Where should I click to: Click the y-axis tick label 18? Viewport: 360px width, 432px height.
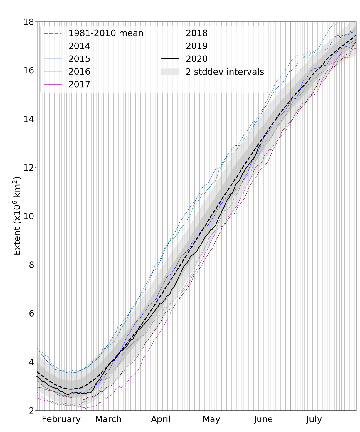point(28,22)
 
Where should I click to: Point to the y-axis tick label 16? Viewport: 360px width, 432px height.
point(28,70)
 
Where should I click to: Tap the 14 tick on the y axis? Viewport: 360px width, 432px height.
point(28,119)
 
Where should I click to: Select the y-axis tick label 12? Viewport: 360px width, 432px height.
point(28,168)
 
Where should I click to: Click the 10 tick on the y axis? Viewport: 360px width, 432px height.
point(28,216)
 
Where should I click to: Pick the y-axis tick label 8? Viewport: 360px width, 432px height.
point(31,265)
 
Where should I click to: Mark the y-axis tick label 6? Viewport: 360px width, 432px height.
point(31,313)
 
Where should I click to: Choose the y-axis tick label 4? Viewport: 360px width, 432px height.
point(31,362)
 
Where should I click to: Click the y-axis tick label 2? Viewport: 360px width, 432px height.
point(31,411)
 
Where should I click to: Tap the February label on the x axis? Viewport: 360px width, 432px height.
point(61,419)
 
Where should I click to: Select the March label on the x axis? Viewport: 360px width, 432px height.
point(108,419)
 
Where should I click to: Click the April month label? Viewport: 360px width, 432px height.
point(161,419)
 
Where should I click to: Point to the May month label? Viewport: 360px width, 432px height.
point(211,419)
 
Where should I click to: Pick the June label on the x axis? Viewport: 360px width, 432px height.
point(263,419)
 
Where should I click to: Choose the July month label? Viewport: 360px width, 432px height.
point(314,419)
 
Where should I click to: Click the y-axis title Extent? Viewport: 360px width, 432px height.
point(17,216)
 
